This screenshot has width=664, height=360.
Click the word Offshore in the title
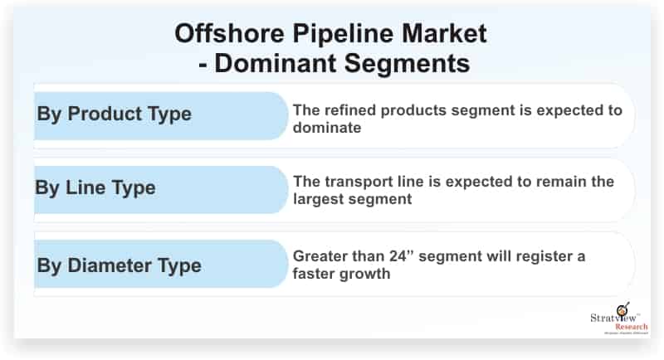point(229,33)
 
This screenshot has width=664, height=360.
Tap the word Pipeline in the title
point(343,34)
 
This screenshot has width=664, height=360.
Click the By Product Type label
point(115,114)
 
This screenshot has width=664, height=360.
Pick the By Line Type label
point(95,188)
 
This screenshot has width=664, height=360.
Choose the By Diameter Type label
point(119,266)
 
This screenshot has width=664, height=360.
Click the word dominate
point(327,128)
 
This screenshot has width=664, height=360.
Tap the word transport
point(360,182)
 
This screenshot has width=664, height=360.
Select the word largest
point(321,199)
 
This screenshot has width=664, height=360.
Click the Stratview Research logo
point(619,319)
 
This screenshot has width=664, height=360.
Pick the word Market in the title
point(444,33)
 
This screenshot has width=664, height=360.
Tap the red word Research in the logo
point(632,327)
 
